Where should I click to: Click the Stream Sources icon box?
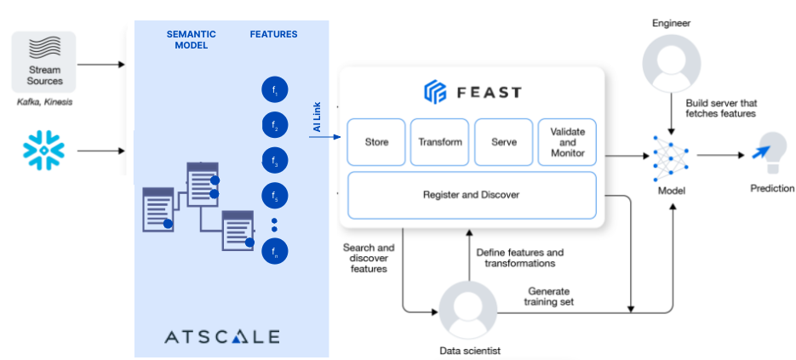[44, 62]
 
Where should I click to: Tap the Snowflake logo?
[43, 151]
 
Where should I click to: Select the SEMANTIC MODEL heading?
[190, 40]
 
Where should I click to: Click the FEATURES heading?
[273, 35]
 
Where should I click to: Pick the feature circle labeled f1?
[275, 89]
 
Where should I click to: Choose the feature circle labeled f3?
[275, 161]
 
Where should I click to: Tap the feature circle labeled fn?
[275, 251]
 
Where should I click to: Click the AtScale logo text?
[222, 336]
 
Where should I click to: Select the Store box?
[376, 141]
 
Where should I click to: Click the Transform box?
[439, 141]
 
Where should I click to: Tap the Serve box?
[503, 141]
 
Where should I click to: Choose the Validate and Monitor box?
[566, 141]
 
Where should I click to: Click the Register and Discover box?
[471, 195]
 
